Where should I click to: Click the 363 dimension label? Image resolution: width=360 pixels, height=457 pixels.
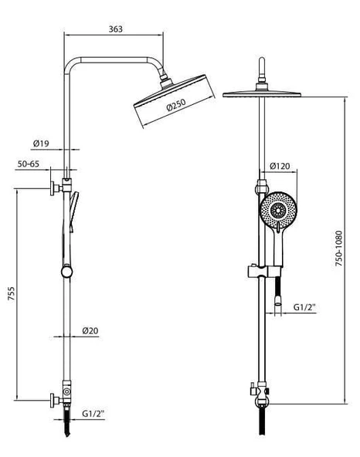click(x=116, y=29)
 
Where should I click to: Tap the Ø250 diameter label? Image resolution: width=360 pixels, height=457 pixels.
click(x=176, y=105)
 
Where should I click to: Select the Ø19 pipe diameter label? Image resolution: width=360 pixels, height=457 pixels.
click(x=41, y=144)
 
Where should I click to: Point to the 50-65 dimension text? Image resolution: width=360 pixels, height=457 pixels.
click(x=29, y=164)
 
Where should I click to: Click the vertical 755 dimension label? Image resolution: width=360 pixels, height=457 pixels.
click(x=11, y=294)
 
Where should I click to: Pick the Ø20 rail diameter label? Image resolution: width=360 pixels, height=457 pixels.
click(x=90, y=331)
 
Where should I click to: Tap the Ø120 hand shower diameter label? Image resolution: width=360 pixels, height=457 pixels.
click(x=280, y=166)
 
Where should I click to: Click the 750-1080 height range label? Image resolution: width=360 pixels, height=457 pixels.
click(x=338, y=249)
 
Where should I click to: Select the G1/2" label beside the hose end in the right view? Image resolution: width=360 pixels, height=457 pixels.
click(x=304, y=307)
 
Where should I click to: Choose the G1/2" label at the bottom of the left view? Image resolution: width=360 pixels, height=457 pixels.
click(x=93, y=414)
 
